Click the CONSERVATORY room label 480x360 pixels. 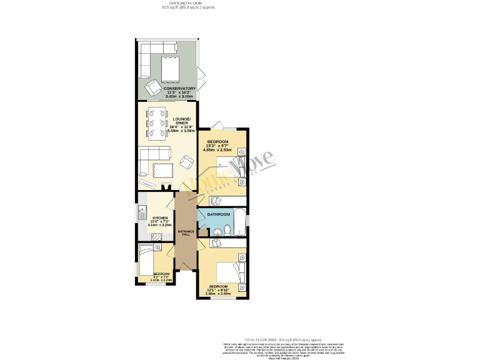tap(180, 89)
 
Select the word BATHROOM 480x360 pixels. tap(219, 215)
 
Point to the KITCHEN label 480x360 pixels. tap(161, 218)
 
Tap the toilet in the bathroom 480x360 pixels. tap(229, 232)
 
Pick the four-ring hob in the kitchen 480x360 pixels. tap(157, 236)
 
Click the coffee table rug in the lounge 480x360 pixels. tap(162, 170)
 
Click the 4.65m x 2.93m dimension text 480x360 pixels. tap(217, 150)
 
